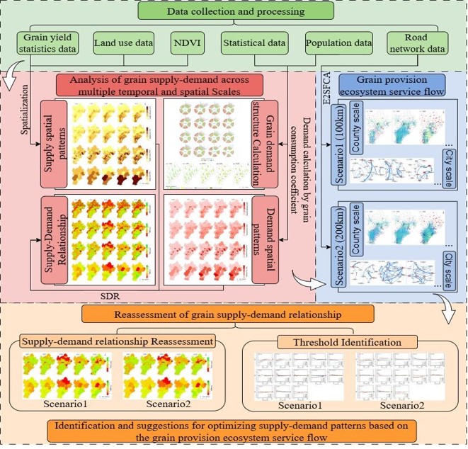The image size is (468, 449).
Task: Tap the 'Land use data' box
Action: (x=123, y=44)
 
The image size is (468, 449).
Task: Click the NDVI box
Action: (x=188, y=44)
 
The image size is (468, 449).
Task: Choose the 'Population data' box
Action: (x=338, y=44)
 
